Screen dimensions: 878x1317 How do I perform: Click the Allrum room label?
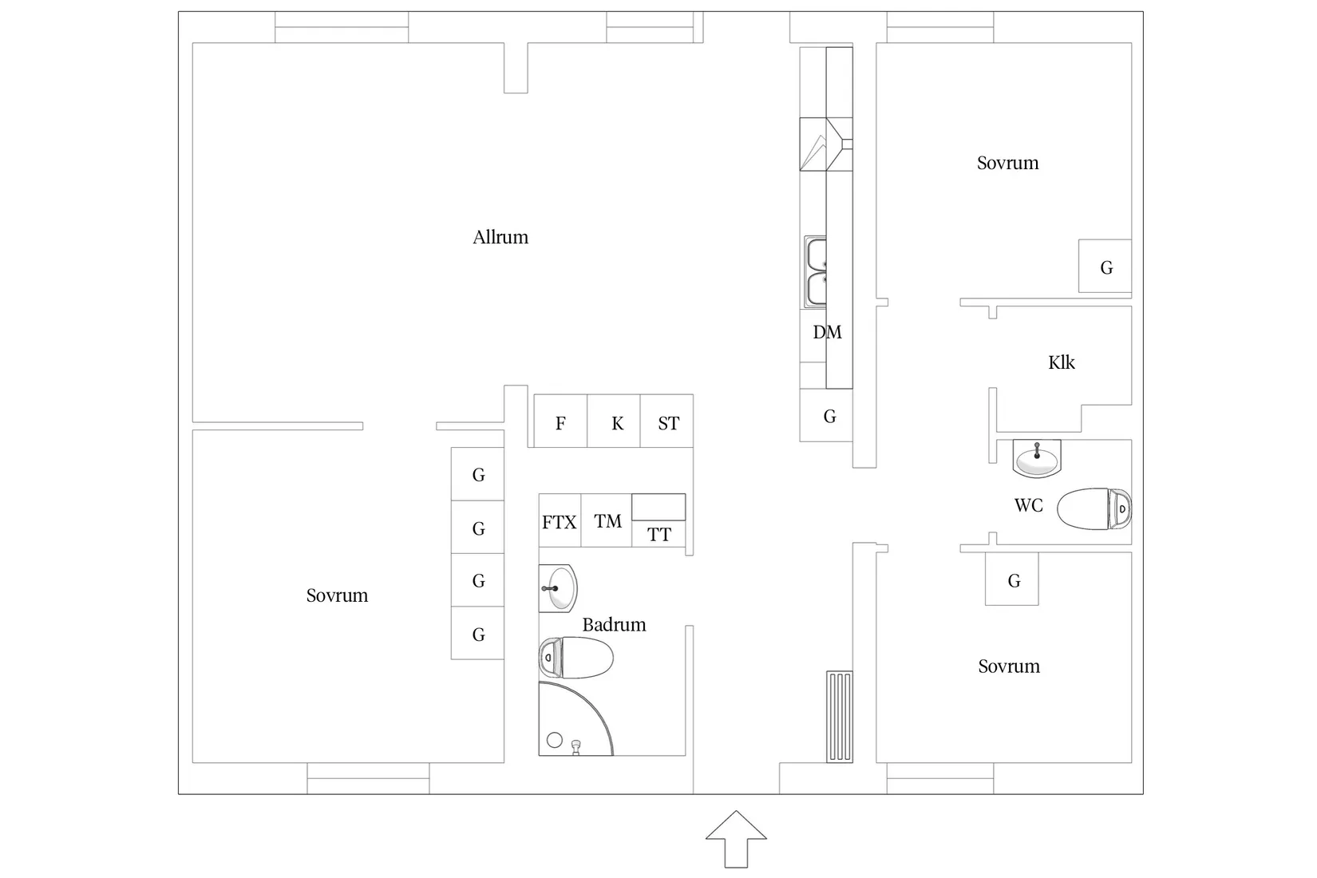tap(500, 237)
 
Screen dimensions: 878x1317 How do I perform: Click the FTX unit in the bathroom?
tap(559, 522)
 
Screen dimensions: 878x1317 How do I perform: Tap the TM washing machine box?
tap(607, 521)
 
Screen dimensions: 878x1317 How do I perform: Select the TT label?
tap(659, 535)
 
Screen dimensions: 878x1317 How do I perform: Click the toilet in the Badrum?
tap(576, 658)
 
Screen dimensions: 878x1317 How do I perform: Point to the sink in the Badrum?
tap(558, 588)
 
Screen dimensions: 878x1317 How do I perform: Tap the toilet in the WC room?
tap(1094, 508)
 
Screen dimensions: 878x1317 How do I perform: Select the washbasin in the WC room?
tap(1037, 459)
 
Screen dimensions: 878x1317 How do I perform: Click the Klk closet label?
tap(1062, 362)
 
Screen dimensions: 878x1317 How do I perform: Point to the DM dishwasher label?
tap(827, 332)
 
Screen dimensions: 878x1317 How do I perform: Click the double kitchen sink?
tap(816, 271)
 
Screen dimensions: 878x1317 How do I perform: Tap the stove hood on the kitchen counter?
tap(825, 144)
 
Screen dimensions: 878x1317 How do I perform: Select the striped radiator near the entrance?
tap(840, 717)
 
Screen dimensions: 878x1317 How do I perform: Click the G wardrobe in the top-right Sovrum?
tap(1105, 267)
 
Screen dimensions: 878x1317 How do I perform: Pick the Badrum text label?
tap(614, 624)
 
